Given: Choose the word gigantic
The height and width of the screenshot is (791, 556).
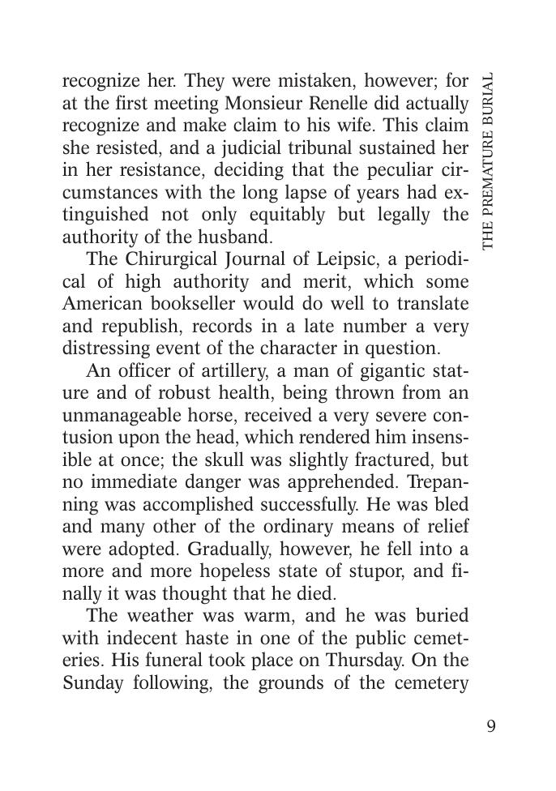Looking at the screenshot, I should point(371,371).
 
